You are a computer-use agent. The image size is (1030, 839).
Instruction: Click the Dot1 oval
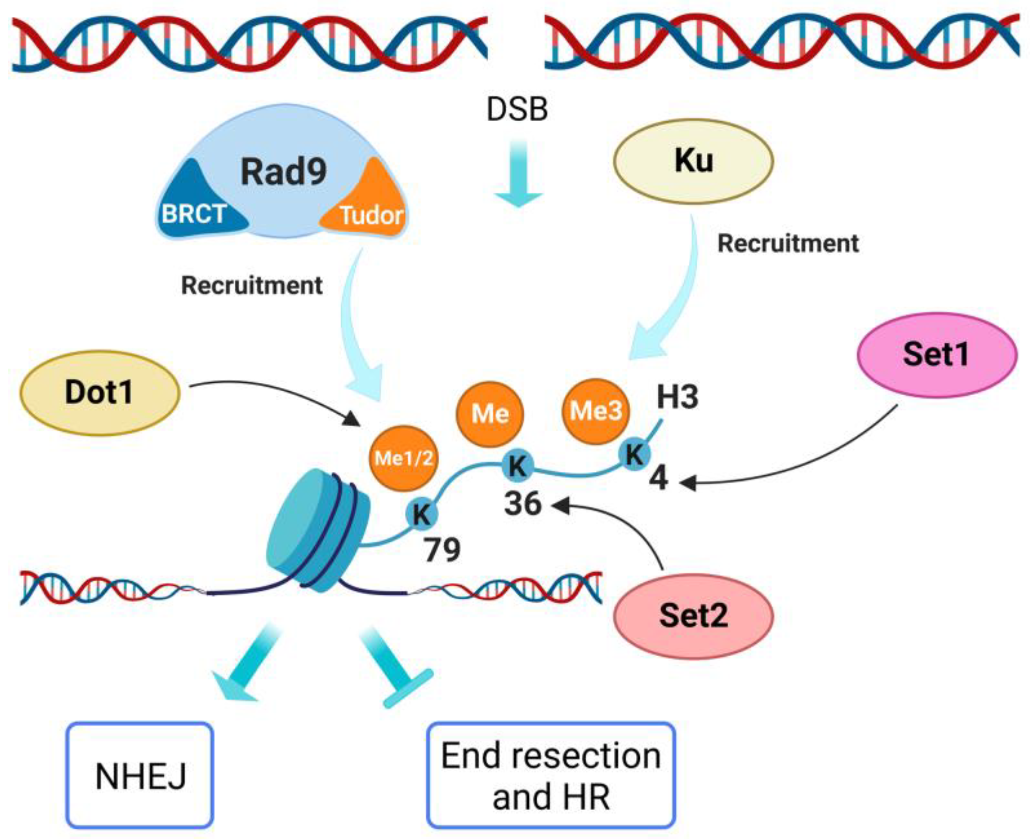(100, 393)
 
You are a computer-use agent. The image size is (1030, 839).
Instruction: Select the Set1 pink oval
(937, 355)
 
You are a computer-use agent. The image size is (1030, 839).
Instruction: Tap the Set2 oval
(694, 616)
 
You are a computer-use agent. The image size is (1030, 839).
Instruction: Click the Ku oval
(694, 161)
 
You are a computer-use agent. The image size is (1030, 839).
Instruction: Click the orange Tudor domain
(366, 200)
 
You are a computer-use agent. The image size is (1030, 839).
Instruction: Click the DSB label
(517, 109)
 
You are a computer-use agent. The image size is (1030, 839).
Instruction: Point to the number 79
(442, 550)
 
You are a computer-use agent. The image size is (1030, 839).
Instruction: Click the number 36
(523, 504)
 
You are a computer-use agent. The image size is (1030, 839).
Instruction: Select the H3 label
(677, 397)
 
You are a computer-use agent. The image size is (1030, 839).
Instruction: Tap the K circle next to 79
(422, 514)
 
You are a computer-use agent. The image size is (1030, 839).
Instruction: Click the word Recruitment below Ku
(788, 243)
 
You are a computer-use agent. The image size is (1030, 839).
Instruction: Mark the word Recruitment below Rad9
(252, 285)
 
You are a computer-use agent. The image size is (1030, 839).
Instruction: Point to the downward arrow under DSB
(518, 173)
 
